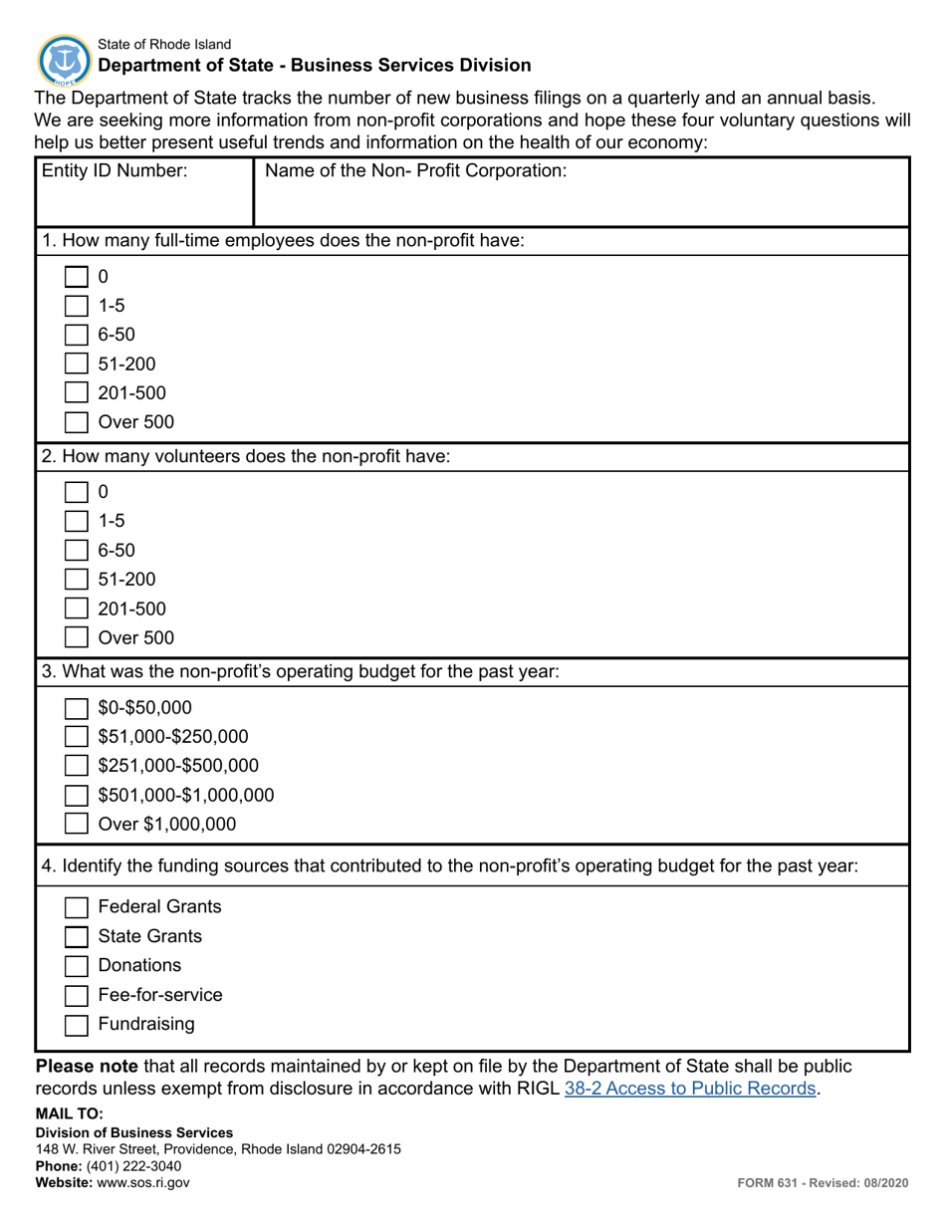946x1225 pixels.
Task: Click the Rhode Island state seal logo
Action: tap(64, 59)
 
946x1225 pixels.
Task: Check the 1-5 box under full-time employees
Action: tap(76, 306)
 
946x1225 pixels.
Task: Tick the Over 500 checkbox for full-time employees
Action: tap(76, 422)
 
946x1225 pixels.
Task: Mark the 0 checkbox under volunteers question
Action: tap(76, 492)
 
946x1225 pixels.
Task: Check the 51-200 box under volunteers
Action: tap(76, 580)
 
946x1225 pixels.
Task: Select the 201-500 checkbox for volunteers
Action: tap(76, 609)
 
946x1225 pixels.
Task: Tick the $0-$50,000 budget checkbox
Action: tap(76, 708)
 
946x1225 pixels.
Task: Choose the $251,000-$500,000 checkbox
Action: tap(76, 766)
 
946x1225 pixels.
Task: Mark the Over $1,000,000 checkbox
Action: tap(76, 824)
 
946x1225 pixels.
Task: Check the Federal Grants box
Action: tap(76, 907)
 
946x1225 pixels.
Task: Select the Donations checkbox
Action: tap(76, 966)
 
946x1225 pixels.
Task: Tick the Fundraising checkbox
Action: tap(76, 1025)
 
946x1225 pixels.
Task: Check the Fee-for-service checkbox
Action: tap(76, 996)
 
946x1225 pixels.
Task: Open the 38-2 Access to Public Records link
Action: tap(690, 1089)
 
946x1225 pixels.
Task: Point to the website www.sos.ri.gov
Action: tap(142, 1182)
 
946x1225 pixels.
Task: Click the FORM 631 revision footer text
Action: tap(823, 1182)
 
